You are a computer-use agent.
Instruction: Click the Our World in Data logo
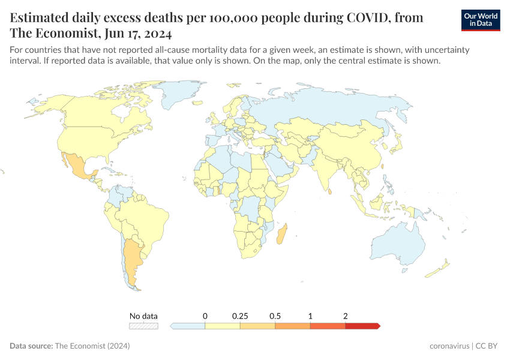[480, 19]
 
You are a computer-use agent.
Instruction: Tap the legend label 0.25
[240, 316]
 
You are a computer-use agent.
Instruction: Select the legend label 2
[346, 316]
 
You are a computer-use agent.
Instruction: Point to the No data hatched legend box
[144, 326]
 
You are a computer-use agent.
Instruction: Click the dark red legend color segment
[362, 326]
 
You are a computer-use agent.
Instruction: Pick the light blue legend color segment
[188, 326]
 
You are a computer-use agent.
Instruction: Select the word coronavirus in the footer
[449, 346]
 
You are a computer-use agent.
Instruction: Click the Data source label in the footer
[31, 346]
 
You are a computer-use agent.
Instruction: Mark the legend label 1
[310, 316]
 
